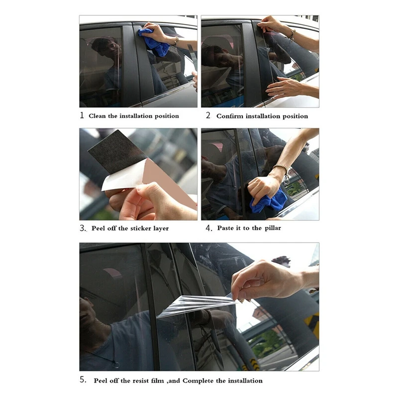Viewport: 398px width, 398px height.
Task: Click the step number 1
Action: coord(82,115)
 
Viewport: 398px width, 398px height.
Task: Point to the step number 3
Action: coord(83,228)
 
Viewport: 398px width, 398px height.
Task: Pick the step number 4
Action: coord(209,228)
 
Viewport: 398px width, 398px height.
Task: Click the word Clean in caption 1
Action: coord(99,116)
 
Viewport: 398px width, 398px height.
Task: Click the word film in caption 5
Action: coord(153,381)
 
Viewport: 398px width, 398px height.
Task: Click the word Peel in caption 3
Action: coord(99,228)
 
